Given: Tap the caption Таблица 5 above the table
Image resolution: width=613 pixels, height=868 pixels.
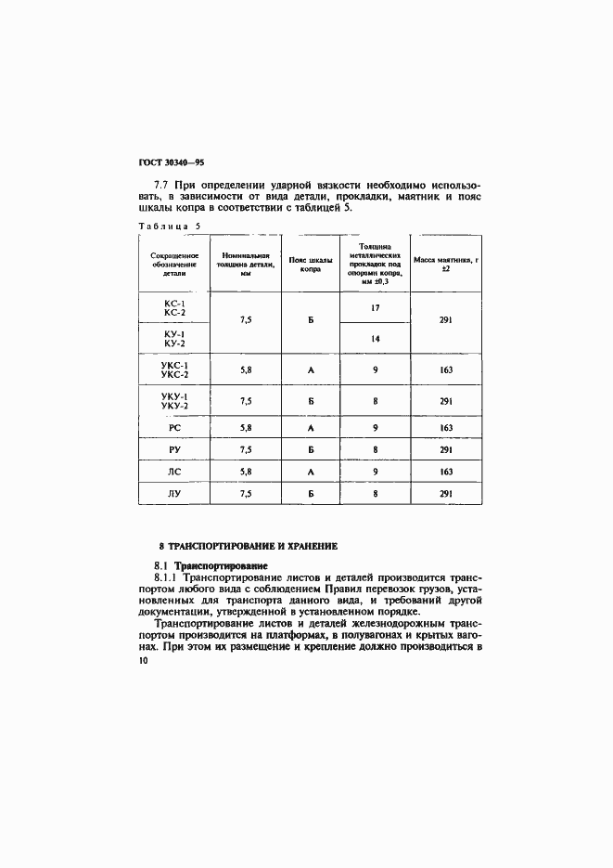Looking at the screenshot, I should [169, 226].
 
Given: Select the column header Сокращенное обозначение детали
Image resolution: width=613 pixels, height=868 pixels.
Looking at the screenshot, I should [173, 263].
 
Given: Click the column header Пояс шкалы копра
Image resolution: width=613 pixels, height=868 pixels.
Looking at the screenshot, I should [311, 263].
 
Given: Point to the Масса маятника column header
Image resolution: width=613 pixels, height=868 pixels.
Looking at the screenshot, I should [445, 263].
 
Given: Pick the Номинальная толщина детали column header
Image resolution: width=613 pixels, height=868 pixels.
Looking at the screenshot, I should [246, 263].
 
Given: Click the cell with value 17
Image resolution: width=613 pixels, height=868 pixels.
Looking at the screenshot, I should [375, 307].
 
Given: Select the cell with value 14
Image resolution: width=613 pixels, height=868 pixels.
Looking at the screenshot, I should [375, 339].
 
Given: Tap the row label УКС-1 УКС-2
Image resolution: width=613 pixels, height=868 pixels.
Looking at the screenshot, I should [173, 369].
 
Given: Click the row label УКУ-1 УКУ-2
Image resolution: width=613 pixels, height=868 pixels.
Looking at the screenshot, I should [173, 401].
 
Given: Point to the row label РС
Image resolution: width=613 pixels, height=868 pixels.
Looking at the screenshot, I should [173, 427].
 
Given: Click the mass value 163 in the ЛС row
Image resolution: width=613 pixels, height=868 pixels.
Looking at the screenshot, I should [445, 472].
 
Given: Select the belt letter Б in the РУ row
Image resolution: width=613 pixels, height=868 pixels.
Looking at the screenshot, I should [311, 449].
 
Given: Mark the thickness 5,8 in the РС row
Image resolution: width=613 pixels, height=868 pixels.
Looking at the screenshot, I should [246, 427].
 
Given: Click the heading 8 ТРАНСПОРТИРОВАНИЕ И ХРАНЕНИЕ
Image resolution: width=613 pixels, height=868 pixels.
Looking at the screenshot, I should [248, 546].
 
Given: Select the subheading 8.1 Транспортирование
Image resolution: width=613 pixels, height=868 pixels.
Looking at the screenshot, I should [210, 564].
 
